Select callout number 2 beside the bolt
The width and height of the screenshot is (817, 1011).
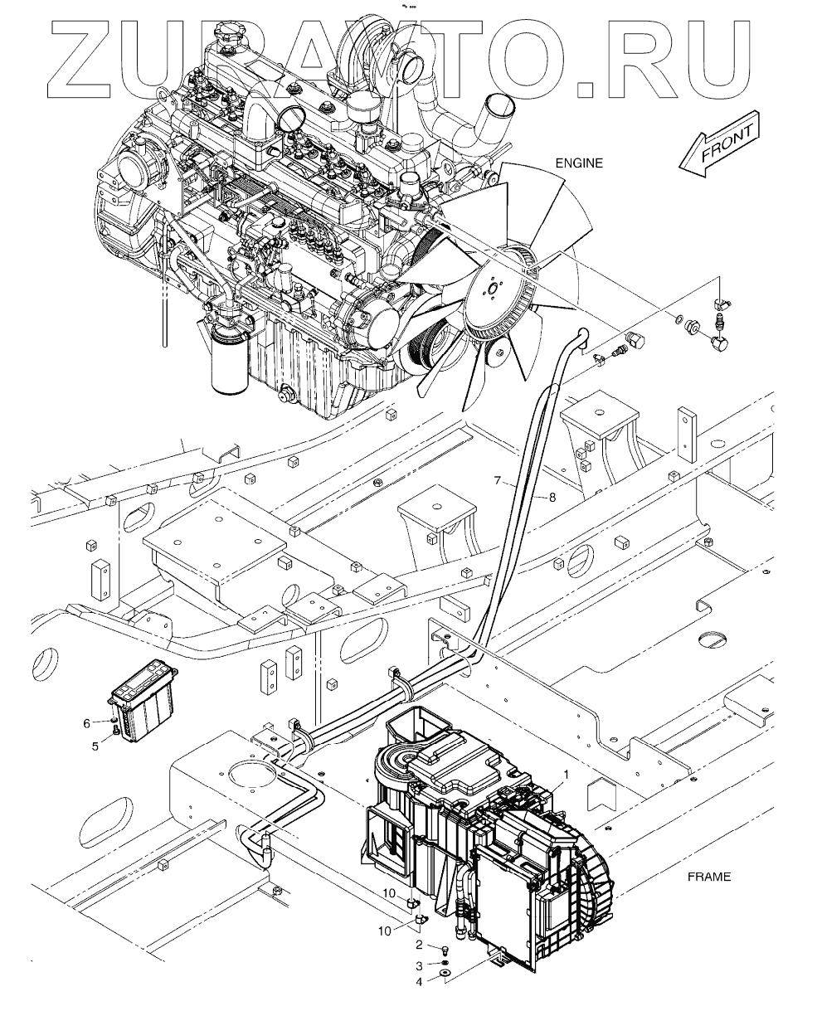420,945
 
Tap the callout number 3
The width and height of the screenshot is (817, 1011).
420,965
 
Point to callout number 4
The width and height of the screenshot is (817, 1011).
420,982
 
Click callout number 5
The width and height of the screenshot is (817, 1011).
95,746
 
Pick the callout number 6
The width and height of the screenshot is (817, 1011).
86,723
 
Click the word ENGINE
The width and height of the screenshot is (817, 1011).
579,163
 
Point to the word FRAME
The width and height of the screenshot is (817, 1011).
708,877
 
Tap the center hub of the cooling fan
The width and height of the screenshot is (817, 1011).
491,290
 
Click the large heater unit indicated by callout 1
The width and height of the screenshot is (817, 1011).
489,829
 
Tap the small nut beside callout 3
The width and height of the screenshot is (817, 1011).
445,962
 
